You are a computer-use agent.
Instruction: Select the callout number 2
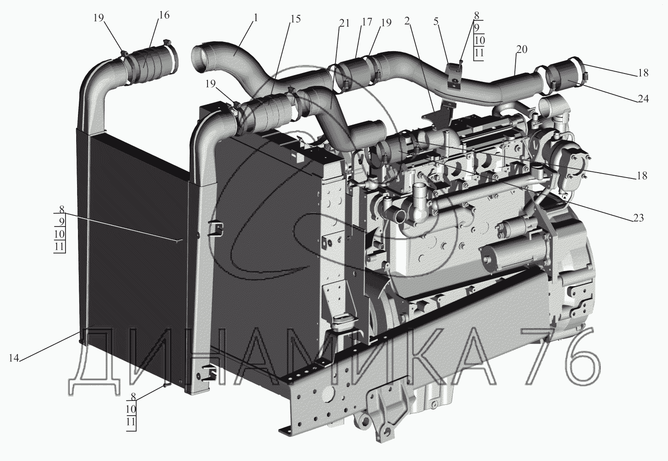tap(407, 20)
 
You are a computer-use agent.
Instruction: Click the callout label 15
tap(295, 19)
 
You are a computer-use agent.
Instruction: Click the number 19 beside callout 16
tap(99, 18)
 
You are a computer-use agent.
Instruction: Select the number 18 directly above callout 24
tap(643, 73)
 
